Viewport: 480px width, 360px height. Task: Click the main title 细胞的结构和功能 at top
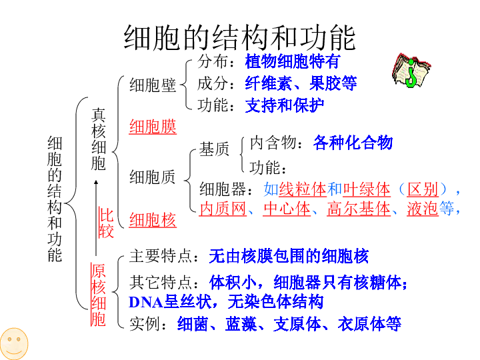pos(239,37)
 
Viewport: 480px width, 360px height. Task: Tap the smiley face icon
pos(14,343)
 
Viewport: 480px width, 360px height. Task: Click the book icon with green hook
pos(411,71)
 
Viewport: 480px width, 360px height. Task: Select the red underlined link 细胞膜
pos(153,127)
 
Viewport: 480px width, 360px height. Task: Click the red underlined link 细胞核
pos(153,220)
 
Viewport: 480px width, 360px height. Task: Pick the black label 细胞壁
pos(153,85)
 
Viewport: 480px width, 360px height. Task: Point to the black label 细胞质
pos(153,177)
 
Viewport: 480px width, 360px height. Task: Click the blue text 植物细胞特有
pos(293,61)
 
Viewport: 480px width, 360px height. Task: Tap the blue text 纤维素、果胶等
pos(301,83)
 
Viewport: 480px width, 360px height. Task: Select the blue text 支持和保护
pos(285,105)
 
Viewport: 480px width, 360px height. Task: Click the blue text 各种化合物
pos(353,143)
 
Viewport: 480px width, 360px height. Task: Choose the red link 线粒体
pos(303,189)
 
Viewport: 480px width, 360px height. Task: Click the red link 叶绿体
pos(367,189)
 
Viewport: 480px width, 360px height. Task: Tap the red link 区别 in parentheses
pos(423,189)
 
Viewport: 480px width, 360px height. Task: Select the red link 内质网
pos(223,209)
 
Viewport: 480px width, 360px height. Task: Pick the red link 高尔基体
pos(359,209)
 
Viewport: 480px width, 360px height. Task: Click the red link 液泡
pos(423,209)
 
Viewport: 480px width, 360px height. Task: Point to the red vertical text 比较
pos(106,223)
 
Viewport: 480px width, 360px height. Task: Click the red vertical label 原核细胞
pos(98,295)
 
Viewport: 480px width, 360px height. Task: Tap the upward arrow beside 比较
pos(96,218)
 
